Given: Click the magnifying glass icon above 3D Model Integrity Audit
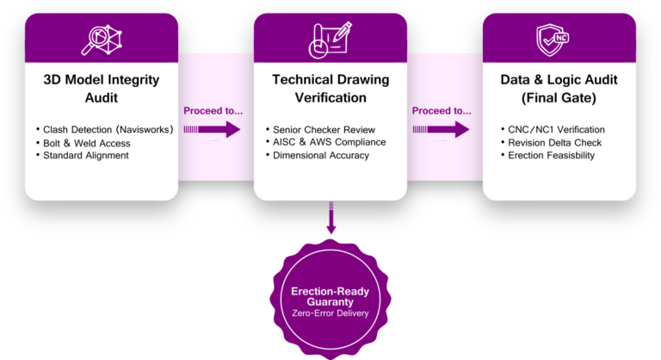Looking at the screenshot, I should click(x=102, y=39).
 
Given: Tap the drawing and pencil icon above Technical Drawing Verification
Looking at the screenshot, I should click(x=330, y=39).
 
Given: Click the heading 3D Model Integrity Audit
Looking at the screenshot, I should click(x=102, y=88).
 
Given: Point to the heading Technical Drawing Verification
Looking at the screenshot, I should click(x=330, y=88).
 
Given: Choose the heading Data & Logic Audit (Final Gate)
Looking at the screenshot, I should click(x=559, y=88).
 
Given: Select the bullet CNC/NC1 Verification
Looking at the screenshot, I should click(x=556, y=129).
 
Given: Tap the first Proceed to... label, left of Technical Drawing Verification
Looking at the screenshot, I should click(x=213, y=110).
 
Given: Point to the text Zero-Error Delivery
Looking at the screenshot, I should click(x=329, y=313).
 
